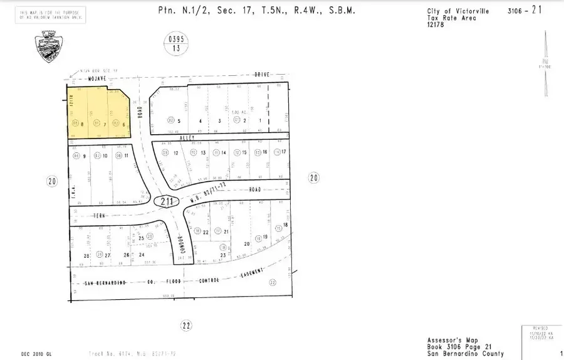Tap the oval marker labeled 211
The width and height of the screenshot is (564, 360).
(166, 201)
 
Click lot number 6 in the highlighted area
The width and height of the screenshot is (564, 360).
(124, 124)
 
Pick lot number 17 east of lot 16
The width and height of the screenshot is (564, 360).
(284, 152)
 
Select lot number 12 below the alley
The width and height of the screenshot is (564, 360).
(176, 153)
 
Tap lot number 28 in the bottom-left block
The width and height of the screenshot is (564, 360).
(87, 255)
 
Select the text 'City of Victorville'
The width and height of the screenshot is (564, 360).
(439, 12)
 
